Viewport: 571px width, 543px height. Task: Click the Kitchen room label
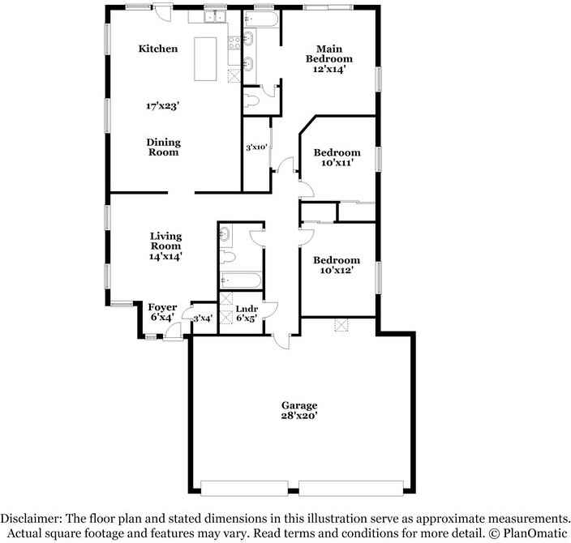pyautogui.click(x=157, y=49)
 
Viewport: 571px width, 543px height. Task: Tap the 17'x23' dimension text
pyautogui.click(x=162, y=106)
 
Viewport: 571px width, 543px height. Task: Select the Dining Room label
pyautogui.click(x=163, y=147)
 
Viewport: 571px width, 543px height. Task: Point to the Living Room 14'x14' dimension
pyautogui.click(x=165, y=256)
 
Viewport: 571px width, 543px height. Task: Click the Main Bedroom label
pyautogui.click(x=328, y=53)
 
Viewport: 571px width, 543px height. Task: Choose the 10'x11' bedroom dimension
pyautogui.click(x=337, y=163)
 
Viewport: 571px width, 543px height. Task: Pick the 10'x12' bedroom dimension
pyautogui.click(x=337, y=271)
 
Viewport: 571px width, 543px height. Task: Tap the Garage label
pyautogui.click(x=299, y=405)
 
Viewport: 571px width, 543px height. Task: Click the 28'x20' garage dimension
pyautogui.click(x=299, y=416)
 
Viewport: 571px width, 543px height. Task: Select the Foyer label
pyautogui.click(x=162, y=307)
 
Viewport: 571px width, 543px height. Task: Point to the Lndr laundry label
pyautogui.click(x=246, y=309)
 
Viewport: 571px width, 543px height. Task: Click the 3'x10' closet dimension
pyautogui.click(x=257, y=148)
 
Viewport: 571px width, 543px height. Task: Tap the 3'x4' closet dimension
pyautogui.click(x=202, y=318)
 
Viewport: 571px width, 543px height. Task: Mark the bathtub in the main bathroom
pyautogui.click(x=262, y=18)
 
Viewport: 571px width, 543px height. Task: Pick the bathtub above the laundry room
pyautogui.click(x=240, y=280)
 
